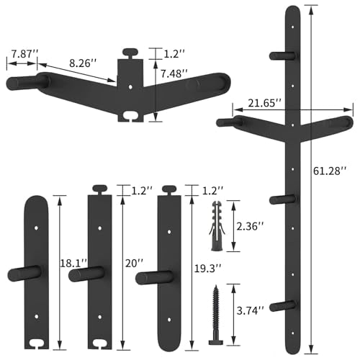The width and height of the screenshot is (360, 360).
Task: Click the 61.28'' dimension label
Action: tap(330, 171)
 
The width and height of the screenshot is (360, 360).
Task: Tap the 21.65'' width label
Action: tap(264, 103)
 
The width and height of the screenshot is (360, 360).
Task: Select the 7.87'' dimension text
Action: tap(25, 54)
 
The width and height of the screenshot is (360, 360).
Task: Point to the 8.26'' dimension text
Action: tap(83, 63)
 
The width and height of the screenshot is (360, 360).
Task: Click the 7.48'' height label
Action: tap(174, 73)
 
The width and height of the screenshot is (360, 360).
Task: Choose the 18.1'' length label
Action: tap(73, 264)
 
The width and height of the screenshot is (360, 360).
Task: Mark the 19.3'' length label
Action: tap(207, 269)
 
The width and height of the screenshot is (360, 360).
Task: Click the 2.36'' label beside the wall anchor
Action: tap(251, 226)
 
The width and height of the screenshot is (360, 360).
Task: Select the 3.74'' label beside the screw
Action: tap(251, 311)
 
